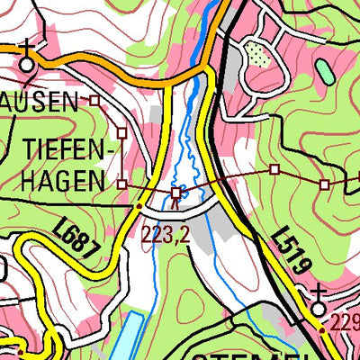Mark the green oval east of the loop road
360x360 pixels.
(324, 73)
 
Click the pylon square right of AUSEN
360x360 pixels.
(93, 102)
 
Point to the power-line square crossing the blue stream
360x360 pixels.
(176, 193)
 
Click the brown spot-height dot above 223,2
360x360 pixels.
(138, 206)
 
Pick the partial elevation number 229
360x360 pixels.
(346, 323)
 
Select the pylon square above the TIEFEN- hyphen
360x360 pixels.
(121, 131)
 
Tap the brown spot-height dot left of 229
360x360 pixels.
(323, 330)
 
